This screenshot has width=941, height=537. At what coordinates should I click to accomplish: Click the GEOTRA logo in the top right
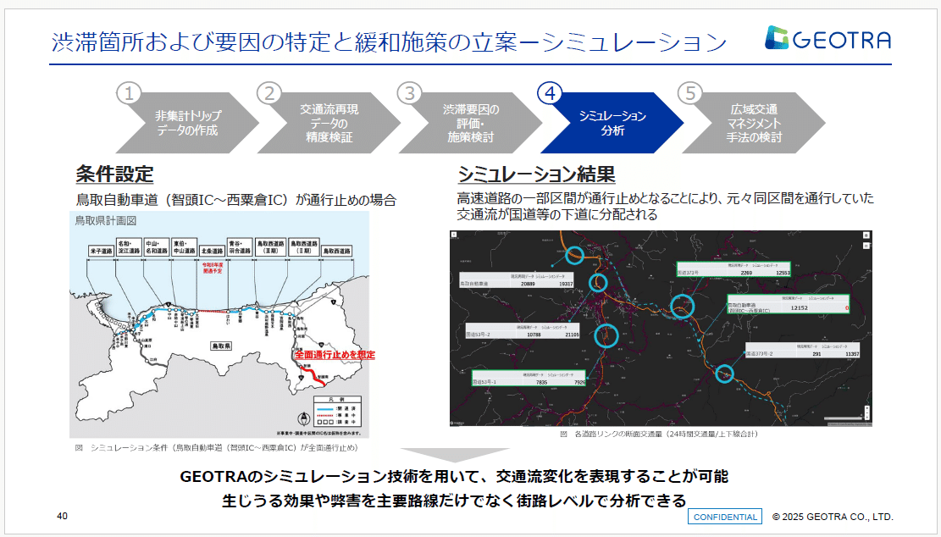pos(827,39)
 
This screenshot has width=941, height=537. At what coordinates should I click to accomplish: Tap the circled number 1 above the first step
pos(128,92)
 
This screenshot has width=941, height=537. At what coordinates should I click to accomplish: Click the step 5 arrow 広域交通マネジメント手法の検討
pos(754,124)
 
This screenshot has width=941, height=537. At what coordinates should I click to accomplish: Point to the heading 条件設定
pos(114,174)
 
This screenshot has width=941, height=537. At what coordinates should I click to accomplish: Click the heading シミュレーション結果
pos(536,174)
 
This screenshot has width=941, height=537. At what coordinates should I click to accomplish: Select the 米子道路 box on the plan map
pos(101,251)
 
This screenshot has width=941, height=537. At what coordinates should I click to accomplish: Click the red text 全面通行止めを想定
pos(334,355)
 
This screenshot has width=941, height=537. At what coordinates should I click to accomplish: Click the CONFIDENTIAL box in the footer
pos(724,517)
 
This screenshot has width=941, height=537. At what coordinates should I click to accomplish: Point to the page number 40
pos(63,516)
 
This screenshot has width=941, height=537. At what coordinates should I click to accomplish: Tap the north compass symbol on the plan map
pos(303,418)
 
